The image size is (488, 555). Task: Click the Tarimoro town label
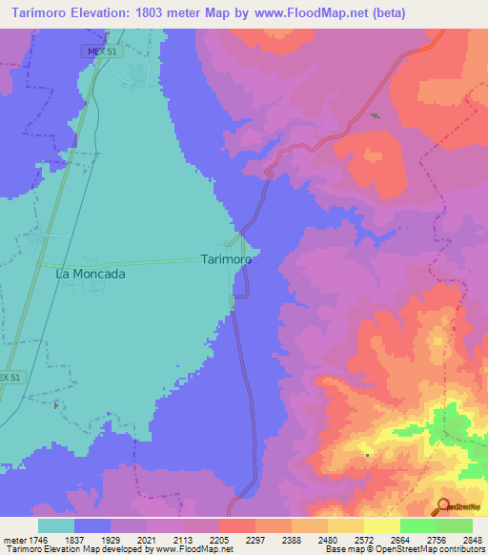coord(226,259)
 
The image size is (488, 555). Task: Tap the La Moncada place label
coord(91,273)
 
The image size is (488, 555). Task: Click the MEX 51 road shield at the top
coord(104,51)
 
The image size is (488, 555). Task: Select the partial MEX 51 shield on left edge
coord(9,378)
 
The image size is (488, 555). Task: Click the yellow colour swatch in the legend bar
coord(381,525)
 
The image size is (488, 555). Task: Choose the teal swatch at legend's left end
coord(56,525)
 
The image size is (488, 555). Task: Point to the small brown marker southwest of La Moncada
coord(56,405)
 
